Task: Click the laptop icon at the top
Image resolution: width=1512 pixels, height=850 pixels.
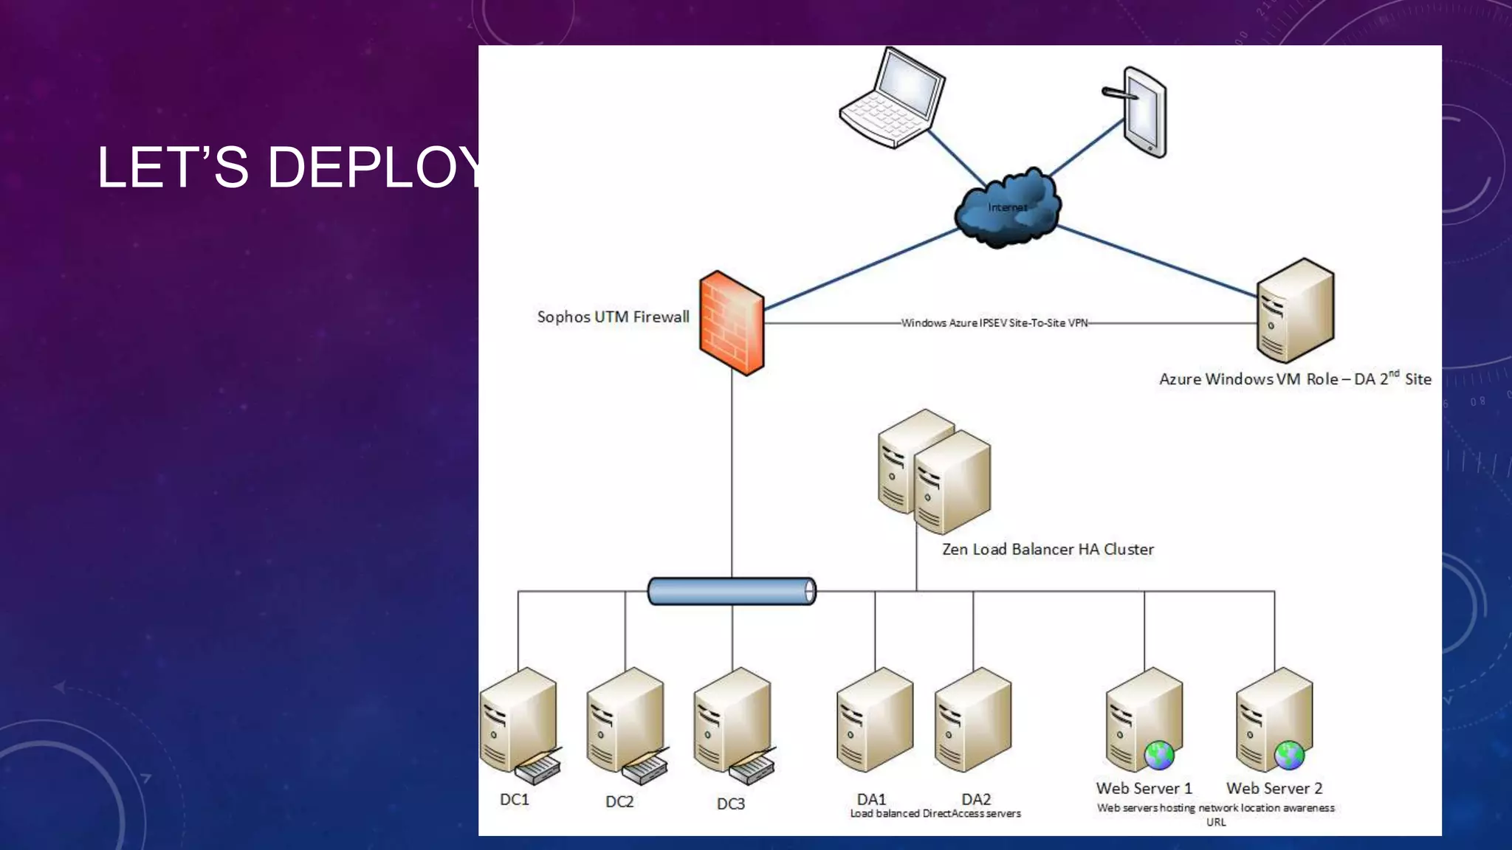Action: coord(892,98)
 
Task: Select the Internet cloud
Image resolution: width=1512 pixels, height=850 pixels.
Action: coord(1007,208)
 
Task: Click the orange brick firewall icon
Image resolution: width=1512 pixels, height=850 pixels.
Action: coord(731,323)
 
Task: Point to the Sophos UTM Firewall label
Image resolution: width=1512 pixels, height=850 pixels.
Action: coord(613,317)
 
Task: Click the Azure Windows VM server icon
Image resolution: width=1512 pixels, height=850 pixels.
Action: coord(1295,311)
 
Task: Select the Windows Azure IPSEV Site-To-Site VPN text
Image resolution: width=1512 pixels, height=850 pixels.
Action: coord(994,323)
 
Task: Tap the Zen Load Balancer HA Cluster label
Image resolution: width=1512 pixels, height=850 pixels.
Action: coord(1048,550)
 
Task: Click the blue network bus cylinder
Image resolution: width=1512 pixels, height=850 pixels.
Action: coord(732,592)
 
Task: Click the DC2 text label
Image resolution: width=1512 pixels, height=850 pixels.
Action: coord(619,802)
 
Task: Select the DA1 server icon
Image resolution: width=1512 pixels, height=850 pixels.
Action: coord(875,720)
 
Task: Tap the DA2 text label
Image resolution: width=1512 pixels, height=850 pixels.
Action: coord(976,800)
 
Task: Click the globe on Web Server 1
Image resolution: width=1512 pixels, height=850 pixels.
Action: coord(1159,756)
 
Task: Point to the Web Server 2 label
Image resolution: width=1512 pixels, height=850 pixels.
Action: coord(1274,789)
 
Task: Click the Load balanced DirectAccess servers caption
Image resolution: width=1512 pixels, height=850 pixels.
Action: coord(935,814)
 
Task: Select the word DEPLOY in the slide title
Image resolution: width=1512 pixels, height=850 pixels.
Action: coord(377,167)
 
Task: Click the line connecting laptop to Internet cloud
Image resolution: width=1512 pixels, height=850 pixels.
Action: coord(956,158)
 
